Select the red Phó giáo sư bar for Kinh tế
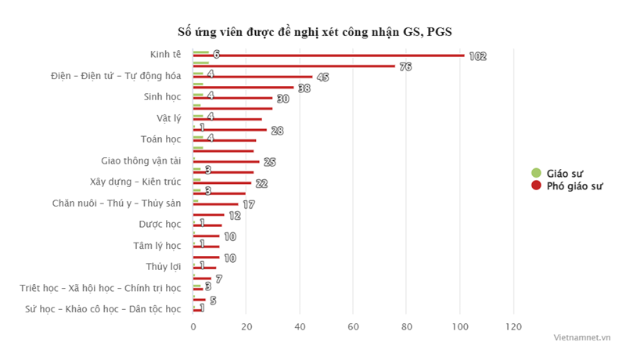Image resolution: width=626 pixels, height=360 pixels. point(329,56)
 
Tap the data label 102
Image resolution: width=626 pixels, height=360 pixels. point(477,56)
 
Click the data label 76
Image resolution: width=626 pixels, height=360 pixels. point(405,67)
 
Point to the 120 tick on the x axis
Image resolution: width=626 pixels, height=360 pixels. point(513,326)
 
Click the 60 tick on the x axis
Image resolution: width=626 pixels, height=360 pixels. point(354,326)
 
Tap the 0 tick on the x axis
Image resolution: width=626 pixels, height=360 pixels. point(193,326)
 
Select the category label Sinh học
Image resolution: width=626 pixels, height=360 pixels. point(162,97)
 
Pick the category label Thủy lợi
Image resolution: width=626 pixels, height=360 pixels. point(164,267)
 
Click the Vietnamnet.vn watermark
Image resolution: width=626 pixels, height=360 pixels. point(581,337)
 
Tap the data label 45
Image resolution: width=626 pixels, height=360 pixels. point(322,77)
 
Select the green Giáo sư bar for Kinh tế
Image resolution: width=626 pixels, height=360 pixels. point(201,52)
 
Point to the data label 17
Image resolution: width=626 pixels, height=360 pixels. point(248,204)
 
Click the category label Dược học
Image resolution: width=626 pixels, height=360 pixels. point(160,225)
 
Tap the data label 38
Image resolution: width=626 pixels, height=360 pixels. point(304,88)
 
